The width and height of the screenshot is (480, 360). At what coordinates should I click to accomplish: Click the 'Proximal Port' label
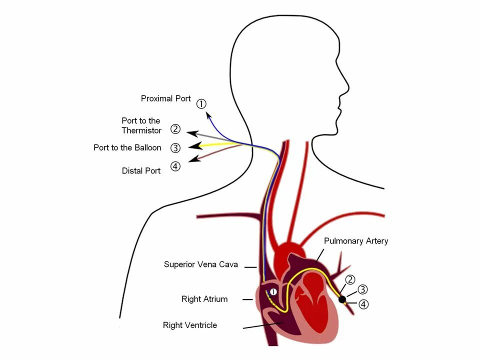[x=165, y=98]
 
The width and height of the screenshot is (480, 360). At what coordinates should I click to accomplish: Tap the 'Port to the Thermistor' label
[x=141, y=125]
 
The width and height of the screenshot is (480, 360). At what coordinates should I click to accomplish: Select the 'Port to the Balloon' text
[x=127, y=147]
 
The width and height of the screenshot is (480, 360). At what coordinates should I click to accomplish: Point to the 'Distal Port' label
[x=141, y=170]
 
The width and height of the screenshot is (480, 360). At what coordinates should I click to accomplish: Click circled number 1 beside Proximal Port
[x=201, y=103]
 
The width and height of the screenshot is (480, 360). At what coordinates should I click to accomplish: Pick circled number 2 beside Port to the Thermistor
[x=175, y=129]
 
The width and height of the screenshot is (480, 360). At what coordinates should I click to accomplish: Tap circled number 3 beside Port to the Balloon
[x=175, y=147]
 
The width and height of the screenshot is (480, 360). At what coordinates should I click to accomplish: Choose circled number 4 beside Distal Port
[x=175, y=166]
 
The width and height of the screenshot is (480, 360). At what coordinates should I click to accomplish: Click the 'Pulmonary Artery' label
[x=355, y=241]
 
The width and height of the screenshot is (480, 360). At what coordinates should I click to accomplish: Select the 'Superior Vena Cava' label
[x=200, y=264]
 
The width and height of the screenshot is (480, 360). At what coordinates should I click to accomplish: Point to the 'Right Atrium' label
[x=204, y=299]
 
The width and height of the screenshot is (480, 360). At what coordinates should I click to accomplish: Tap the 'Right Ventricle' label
[x=190, y=325]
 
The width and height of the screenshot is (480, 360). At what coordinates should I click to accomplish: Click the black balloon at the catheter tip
[x=342, y=299]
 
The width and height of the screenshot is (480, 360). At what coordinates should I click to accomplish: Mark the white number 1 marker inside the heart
[x=273, y=291]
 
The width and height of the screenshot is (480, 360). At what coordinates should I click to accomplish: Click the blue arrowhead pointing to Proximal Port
[x=208, y=114]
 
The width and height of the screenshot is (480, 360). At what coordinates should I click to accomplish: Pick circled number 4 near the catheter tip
[x=363, y=304]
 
